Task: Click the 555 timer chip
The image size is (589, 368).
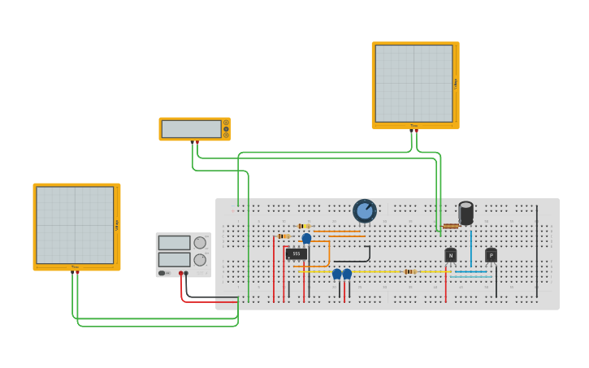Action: click(296, 253)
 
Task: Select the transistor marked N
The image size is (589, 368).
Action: click(450, 255)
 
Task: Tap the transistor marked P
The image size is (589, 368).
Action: click(491, 255)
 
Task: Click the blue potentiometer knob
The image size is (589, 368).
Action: click(365, 211)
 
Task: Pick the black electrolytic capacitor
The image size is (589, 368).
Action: click(466, 213)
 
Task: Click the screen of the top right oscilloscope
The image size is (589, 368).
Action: click(414, 84)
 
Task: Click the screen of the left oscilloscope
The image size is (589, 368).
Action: click(75, 225)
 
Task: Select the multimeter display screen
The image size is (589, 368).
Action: click(191, 129)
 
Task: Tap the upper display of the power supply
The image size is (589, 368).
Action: click(174, 243)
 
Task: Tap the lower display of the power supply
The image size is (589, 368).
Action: click(174, 260)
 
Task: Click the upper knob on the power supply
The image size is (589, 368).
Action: click(200, 243)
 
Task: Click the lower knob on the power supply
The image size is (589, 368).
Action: click(200, 260)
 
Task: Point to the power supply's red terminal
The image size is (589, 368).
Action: click(181, 274)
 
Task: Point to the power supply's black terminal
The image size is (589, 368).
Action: click(187, 274)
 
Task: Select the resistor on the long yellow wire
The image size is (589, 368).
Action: click(410, 271)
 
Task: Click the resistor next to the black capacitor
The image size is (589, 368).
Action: click(451, 226)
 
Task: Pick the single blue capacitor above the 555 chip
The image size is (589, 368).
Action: click(306, 238)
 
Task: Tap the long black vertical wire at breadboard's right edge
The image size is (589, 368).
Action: click(536, 252)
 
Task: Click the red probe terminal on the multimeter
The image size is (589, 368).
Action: click(197, 142)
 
